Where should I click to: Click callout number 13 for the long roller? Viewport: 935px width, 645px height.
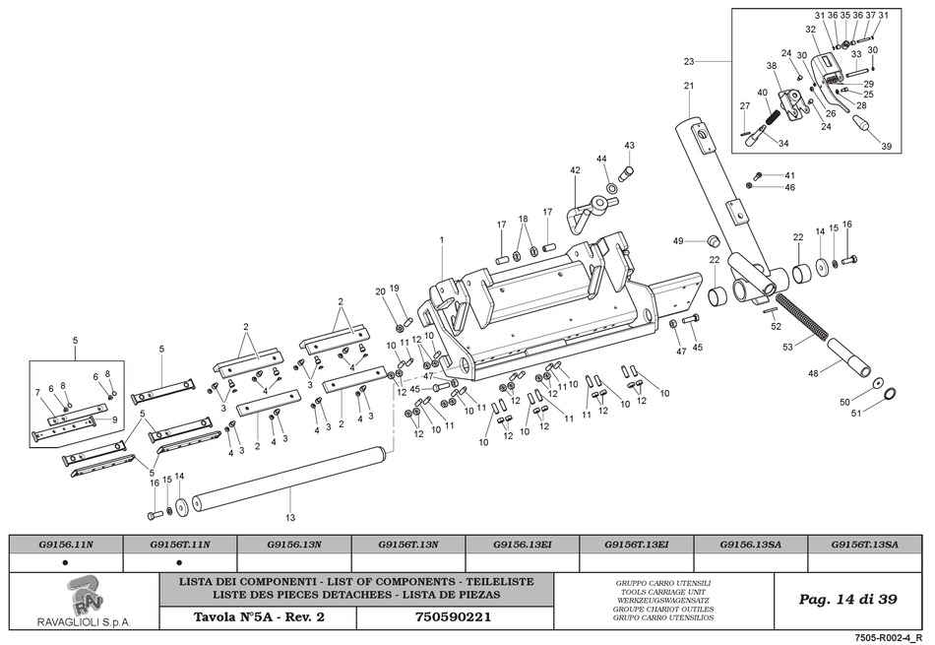(x=290, y=517)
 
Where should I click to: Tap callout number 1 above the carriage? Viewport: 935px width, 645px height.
(x=442, y=240)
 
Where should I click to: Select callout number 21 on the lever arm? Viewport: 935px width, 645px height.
(x=689, y=87)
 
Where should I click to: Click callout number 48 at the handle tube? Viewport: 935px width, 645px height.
(x=813, y=372)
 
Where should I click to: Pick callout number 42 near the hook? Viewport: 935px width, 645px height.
(x=576, y=170)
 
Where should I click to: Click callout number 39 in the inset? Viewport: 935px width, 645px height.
(x=886, y=147)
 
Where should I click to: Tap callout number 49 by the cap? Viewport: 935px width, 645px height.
(x=678, y=241)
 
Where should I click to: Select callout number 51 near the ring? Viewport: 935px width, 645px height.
(x=856, y=413)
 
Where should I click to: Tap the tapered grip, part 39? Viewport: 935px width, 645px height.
(x=862, y=126)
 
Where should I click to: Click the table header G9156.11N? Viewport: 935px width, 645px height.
(x=67, y=544)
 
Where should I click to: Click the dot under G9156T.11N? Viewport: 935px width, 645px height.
(x=179, y=562)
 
